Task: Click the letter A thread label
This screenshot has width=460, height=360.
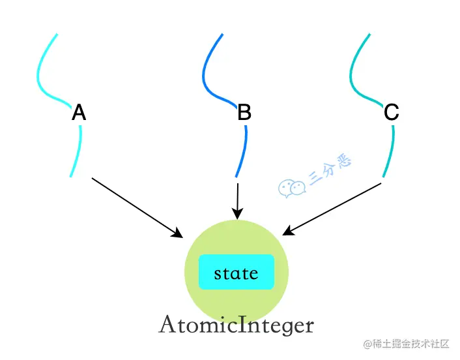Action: click(x=79, y=113)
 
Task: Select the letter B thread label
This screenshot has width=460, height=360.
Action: click(x=244, y=113)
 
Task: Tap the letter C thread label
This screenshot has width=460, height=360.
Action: click(x=391, y=113)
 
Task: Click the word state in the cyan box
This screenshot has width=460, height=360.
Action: click(x=236, y=273)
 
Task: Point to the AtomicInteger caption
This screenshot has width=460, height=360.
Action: click(x=236, y=325)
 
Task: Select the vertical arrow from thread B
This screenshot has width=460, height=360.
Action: click(x=238, y=199)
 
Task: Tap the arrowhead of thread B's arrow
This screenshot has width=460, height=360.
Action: click(x=238, y=214)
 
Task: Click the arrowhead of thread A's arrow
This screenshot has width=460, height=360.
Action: click(x=177, y=233)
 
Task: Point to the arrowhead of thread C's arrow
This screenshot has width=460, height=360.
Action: click(x=289, y=232)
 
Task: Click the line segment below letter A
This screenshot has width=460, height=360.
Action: click(x=78, y=150)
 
